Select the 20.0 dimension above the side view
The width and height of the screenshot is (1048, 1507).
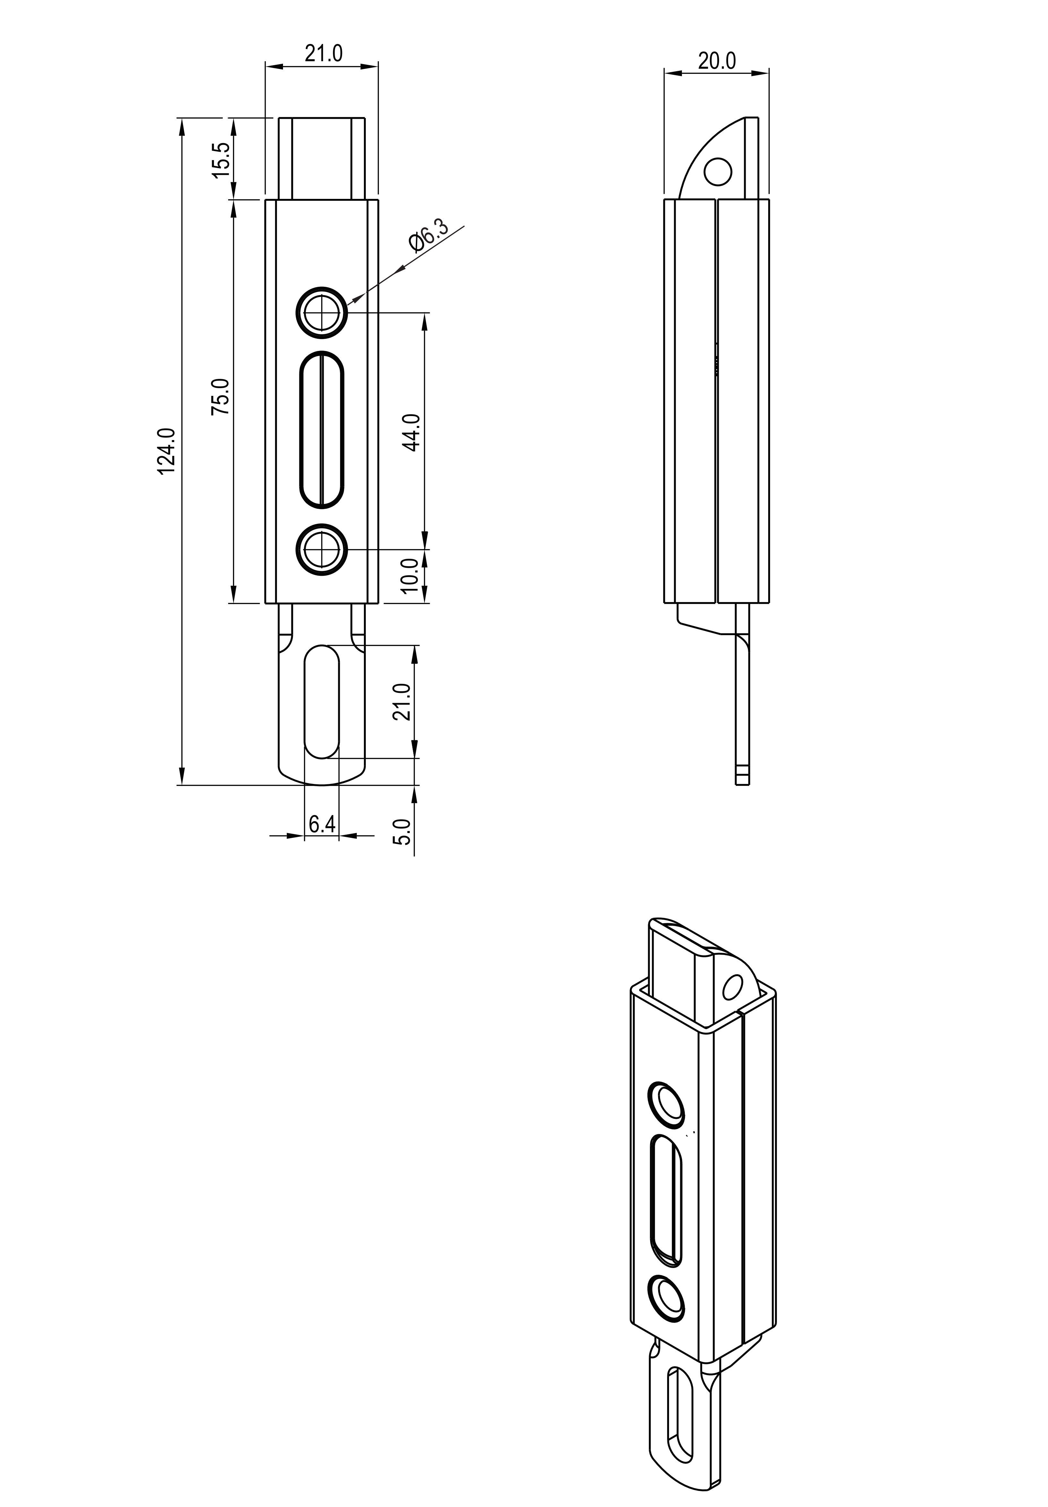pos(717,61)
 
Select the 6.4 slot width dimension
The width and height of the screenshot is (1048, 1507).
pos(322,824)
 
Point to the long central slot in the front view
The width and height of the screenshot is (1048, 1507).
pos(322,430)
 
